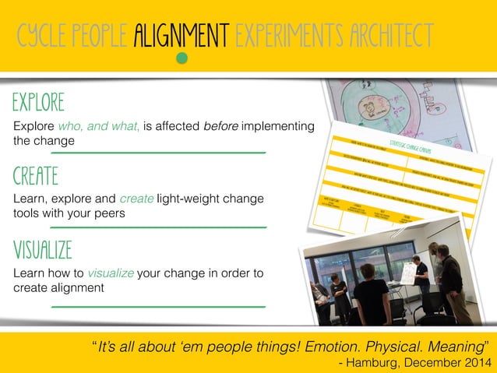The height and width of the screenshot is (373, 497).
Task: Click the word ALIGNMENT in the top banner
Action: click(x=181, y=34)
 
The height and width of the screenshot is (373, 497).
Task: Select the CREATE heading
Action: click(x=36, y=176)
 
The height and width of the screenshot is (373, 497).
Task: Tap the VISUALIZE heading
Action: click(x=43, y=250)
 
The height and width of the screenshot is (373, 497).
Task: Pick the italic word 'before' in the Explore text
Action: click(x=220, y=126)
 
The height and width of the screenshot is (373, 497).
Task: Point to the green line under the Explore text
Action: click(x=158, y=153)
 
